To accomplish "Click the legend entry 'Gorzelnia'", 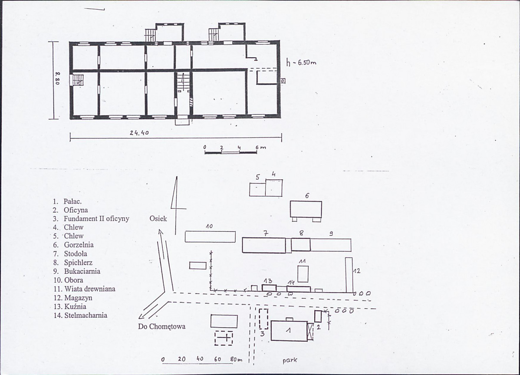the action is tap(79, 245).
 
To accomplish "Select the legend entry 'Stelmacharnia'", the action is tap(86, 315).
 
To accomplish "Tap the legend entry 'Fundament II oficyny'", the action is tap(96, 219).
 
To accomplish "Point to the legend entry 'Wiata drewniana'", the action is tap(90, 289).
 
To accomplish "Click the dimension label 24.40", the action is tap(139, 133).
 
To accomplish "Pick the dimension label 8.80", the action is tap(57, 79).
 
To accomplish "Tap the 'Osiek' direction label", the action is tap(158, 218).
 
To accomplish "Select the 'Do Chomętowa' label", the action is tap(162, 326).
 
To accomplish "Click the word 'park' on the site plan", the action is tap(290, 360).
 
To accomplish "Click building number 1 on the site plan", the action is tap(289, 330).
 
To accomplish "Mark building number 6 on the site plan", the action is tap(306, 209).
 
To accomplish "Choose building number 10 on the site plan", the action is tap(210, 237).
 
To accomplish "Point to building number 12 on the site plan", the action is tap(349, 275).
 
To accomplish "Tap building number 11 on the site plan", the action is tap(303, 274).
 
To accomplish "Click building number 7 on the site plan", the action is tap(263, 245).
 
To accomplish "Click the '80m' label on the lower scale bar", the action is tap(237, 359).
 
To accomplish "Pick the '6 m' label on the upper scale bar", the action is tap(261, 147).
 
